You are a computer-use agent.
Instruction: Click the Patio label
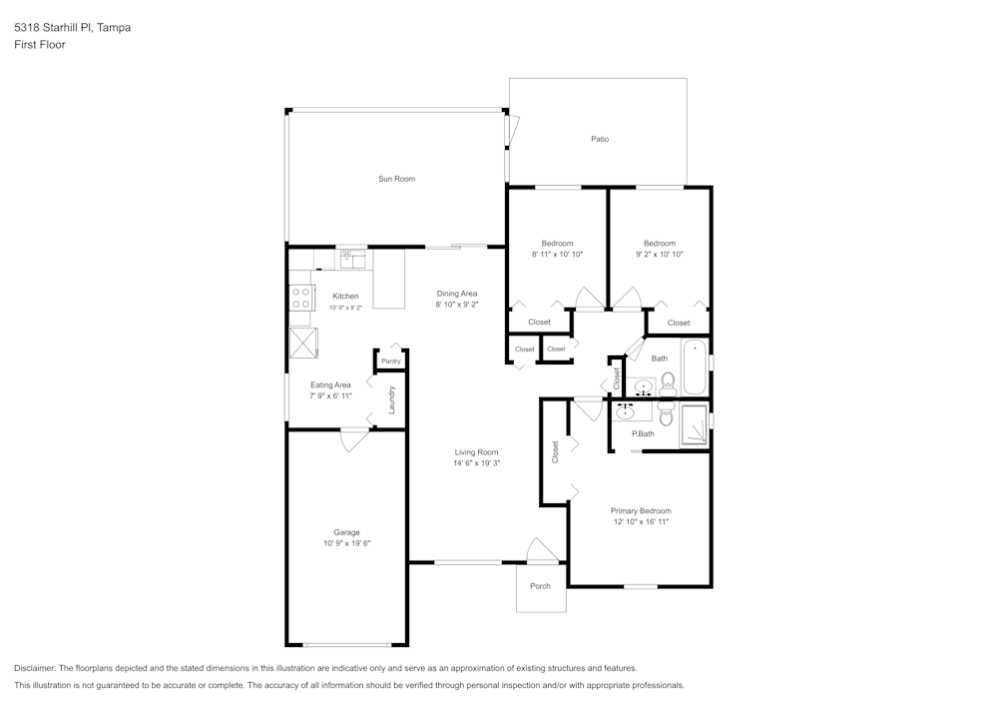[599, 139]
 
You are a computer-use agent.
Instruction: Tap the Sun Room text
[396, 179]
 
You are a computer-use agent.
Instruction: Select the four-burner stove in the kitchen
[300, 297]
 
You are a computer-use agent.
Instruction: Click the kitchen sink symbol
[352, 260]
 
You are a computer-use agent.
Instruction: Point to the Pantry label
[390, 361]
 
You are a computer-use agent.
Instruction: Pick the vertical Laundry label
[393, 399]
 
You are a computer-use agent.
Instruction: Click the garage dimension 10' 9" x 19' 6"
[346, 544]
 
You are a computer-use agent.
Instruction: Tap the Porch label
[540, 586]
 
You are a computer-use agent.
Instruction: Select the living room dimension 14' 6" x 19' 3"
[476, 463]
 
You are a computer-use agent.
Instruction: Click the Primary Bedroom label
[641, 510]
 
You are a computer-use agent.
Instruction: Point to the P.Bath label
[643, 433]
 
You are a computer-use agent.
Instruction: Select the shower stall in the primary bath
[694, 425]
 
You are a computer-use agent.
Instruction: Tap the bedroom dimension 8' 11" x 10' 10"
[557, 255]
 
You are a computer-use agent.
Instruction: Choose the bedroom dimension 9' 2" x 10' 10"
[659, 255]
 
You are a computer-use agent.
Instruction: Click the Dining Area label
[457, 294]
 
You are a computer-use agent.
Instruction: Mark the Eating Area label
[330, 384]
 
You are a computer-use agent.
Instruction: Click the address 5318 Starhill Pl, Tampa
[72, 28]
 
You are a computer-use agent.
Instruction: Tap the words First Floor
[40, 45]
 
